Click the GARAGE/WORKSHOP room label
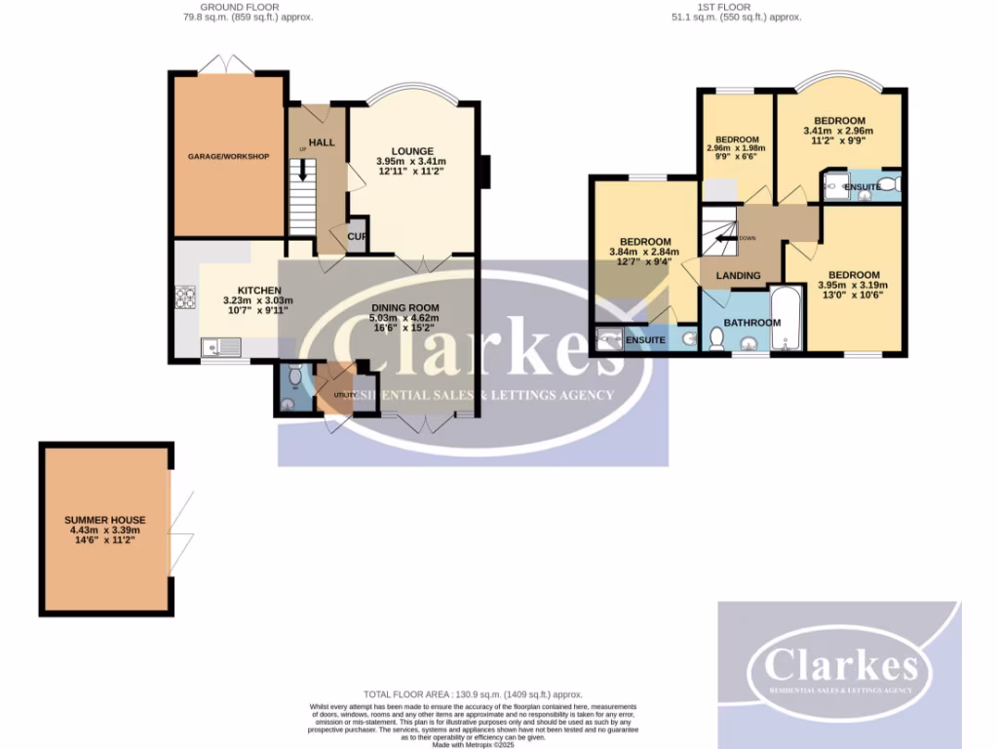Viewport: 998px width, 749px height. pos(229,156)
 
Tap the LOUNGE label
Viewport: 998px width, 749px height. pos(412,151)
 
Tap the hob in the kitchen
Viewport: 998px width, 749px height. pos(184,296)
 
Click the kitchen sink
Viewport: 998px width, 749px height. pos(221,346)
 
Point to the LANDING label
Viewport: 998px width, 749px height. pos(738,275)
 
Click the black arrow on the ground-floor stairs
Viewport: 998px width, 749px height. pos(303,170)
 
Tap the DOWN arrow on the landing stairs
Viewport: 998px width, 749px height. pos(726,237)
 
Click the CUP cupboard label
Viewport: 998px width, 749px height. pos(357,235)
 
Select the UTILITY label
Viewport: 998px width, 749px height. pos(343,394)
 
